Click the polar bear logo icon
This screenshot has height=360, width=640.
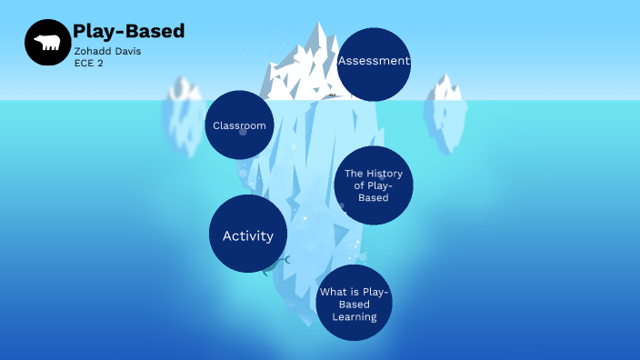pos(47,42)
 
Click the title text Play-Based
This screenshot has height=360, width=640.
pos(128,31)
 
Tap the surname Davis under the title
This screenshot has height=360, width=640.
pos(126,51)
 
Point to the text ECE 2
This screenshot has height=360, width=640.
pos(88,64)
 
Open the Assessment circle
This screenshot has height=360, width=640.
pos(373,63)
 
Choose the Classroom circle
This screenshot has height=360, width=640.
pos(239,125)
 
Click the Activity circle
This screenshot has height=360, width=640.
pos(248,235)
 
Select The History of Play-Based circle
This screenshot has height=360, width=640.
pos(373,185)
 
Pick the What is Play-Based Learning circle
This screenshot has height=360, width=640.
pos(354,304)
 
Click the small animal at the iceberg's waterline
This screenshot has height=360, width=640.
pos(333,95)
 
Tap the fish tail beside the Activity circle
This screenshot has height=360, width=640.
pos(285,260)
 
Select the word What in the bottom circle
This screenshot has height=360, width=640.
pos(330,293)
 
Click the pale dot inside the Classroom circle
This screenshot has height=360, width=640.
pos(243,132)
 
